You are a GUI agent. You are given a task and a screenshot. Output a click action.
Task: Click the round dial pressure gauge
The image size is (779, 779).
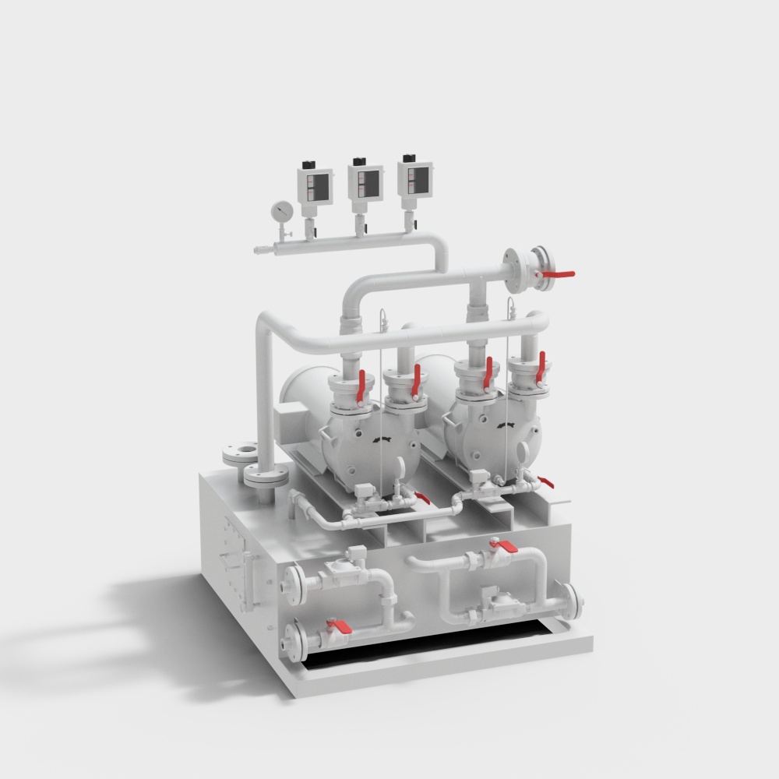coord(281,211)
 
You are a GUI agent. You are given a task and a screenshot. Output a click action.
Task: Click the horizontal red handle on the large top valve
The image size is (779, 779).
coord(557,274)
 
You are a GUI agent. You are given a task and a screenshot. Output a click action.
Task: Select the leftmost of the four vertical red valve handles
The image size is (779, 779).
coord(361,388)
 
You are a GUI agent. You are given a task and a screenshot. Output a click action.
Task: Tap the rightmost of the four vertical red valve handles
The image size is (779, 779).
coord(542,366)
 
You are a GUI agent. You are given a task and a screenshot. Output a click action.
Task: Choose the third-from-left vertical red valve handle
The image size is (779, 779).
coord(488,372)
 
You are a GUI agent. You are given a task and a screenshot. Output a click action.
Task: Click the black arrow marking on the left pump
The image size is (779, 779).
coord(381,441)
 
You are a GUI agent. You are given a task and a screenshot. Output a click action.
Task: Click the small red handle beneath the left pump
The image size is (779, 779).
coord(421,497)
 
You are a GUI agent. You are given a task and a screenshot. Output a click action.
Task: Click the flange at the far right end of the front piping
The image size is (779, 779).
coord(574,600)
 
